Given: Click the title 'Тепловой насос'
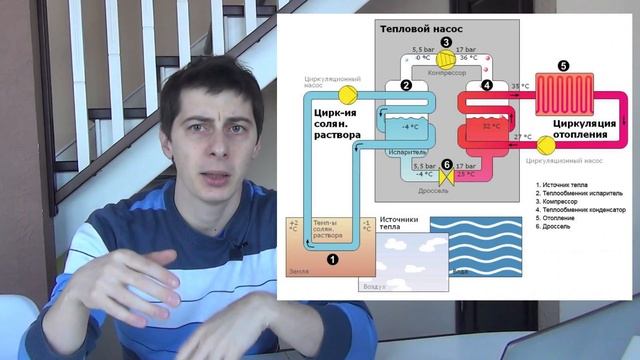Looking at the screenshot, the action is [419, 31].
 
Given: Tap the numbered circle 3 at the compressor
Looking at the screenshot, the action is [446, 44].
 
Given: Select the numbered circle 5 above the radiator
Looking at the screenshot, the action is [563, 66].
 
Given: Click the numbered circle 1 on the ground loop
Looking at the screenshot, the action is [333, 258].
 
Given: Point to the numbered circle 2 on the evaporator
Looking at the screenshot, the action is [406, 86].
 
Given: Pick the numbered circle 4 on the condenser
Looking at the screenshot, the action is [487, 86].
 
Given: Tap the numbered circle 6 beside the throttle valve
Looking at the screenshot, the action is [446, 166].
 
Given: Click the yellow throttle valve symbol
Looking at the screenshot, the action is [446, 180].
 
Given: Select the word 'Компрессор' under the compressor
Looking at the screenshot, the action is [447, 70].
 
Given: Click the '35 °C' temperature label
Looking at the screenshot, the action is [519, 87].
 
